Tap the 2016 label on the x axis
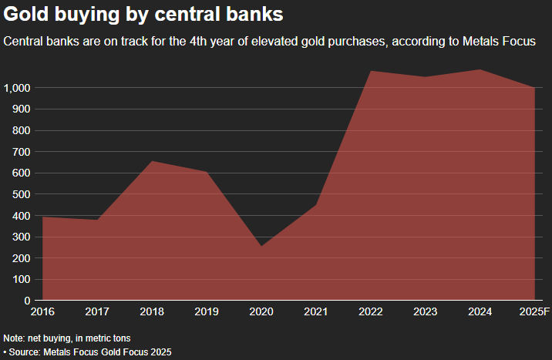(43, 311)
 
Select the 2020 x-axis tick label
(261, 311)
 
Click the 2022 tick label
(371, 311)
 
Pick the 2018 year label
(152, 311)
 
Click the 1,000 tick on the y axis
(16, 88)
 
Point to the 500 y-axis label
(21, 194)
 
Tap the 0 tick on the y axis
(27, 301)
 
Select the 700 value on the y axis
(21, 152)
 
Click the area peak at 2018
(152, 161)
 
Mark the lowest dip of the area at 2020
(261, 246)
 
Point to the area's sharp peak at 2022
(371, 71)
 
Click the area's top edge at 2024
(480, 70)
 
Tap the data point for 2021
(316, 204)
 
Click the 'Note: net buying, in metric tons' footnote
(67, 338)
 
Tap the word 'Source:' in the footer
(26, 352)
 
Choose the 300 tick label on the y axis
(21, 237)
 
